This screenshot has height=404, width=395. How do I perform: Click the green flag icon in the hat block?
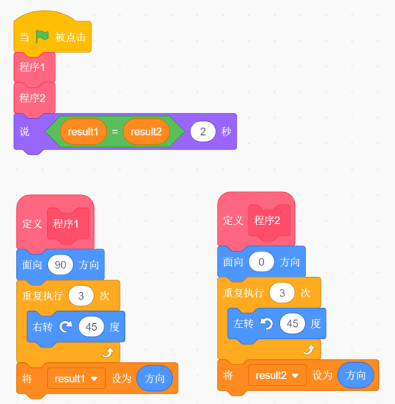pos(42,37)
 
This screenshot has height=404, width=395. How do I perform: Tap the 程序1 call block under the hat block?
pos(34,68)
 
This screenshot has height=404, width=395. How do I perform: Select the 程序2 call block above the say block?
pos(34,98)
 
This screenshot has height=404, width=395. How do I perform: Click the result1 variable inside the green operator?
pos(83,132)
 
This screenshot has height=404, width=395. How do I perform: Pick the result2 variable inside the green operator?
pos(146,132)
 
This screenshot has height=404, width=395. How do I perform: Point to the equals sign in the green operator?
pos(114,132)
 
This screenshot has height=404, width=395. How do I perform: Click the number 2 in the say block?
pos(203,132)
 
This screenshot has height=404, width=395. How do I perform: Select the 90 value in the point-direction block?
pos(60,265)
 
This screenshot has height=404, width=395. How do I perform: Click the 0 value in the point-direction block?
pos(262,261)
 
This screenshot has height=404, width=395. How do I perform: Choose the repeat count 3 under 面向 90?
pos(81,296)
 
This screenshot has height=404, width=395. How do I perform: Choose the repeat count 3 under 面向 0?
pos(282,293)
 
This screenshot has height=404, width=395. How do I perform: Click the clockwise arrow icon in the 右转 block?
pos(66,326)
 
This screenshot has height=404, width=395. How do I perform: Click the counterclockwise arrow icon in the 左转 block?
pos(267,323)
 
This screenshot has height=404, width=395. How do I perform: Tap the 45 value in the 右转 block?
pos(92,327)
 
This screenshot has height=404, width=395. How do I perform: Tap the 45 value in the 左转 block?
pos(292,324)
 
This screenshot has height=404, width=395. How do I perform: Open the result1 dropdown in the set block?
pos(76,379)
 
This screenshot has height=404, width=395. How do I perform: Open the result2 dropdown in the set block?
pos(278,375)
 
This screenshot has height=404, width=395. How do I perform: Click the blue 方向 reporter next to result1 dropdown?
pos(155,379)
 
